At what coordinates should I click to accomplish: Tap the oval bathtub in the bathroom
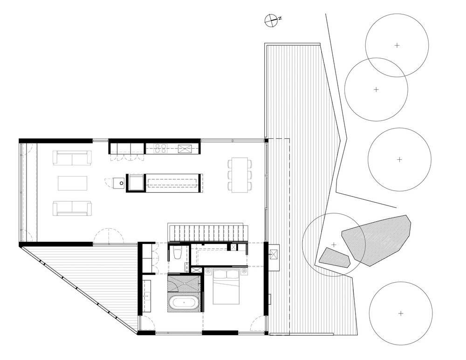tap(184, 302)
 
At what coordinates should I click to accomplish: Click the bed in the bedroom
tap(226, 286)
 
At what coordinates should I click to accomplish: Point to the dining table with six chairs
tap(240, 175)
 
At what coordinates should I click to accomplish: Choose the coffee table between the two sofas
tap(73, 183)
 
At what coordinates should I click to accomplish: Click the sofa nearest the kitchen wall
tap(72, 158)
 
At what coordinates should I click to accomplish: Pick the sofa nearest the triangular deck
tap(72, 208)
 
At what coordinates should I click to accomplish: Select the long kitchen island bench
tap(164, 183)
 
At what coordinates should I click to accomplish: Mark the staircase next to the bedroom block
tap(208, 233)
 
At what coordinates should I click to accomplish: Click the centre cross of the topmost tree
tap(397, 45)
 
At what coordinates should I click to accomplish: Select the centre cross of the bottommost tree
tap(401, 313)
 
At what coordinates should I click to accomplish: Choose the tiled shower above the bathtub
tap(185, 283)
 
